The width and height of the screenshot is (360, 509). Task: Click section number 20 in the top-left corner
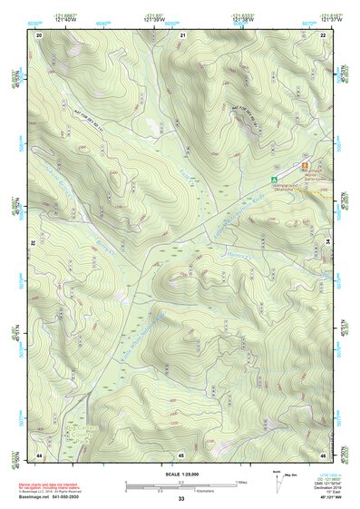point(40,34)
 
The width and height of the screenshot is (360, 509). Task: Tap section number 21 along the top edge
point(182,34)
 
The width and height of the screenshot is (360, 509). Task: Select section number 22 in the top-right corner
point(324,34)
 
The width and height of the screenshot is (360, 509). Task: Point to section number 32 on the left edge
point(33,243)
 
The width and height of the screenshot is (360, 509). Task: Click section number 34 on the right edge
point(327,243)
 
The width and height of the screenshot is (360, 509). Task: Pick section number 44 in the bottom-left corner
point(39,454)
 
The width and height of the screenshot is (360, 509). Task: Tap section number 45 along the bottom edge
point(181,454)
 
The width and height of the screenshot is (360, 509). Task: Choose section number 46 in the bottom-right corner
point(324,454)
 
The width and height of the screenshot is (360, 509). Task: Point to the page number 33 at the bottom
point(181,499)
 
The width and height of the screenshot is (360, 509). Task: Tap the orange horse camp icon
point(303,165)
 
